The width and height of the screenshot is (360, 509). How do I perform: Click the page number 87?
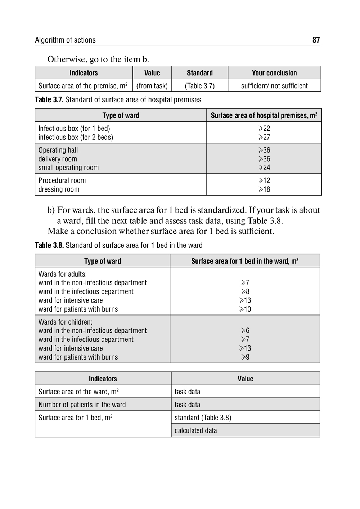click(316, 40)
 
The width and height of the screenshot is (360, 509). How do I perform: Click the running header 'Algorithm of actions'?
click(65, 40)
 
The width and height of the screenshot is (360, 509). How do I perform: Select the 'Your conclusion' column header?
click(274, 73)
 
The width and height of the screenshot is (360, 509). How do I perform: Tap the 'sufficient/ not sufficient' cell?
click(274, 86)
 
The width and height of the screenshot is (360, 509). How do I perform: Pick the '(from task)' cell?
click(152, 86)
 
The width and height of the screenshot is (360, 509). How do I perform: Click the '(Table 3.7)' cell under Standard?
click(200, 86)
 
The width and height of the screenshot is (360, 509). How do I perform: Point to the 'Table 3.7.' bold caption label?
click(49, 100)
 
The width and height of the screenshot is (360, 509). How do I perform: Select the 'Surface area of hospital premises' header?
click(264, 115)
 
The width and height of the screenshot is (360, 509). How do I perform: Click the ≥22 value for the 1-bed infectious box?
click(264, 128)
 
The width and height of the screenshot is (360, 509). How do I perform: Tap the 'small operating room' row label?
click(68, 168)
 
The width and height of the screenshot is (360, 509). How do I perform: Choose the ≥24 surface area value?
click(264, 168)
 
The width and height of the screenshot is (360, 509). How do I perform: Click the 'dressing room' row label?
click(59, 189)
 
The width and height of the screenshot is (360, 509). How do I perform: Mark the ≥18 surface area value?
click(264, 189)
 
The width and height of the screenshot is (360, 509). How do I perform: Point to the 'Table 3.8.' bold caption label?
click(49, 245)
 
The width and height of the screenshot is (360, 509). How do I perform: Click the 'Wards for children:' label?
click(66, 322)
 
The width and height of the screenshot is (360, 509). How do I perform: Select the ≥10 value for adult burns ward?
click(245, 309)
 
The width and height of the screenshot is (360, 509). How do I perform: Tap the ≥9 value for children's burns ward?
click(245, 357)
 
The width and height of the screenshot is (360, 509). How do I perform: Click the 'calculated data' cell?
click(196, 430)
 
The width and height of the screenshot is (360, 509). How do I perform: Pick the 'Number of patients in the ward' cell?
click(82, 405)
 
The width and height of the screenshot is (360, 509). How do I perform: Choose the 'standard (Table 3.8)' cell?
click(203, 418)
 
